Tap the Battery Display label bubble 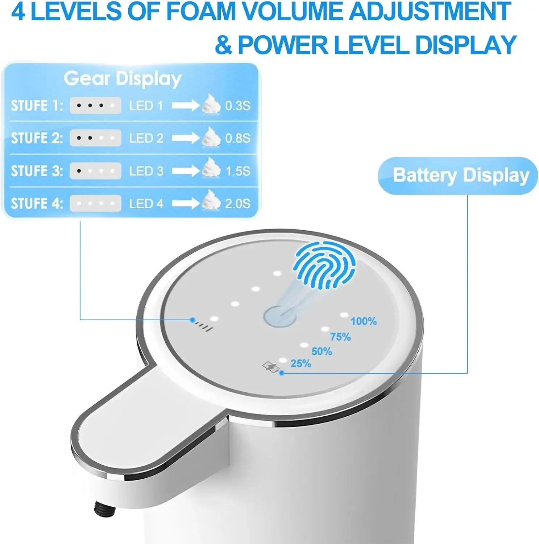pos(458,176)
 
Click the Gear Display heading pos(123,79)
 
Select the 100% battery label pos(364,321)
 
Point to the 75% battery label pos(340,337)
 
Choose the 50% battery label pos(322,351)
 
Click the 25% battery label pos(301,363)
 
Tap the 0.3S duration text pos(238,106)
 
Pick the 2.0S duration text pos(238,203)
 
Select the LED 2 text pos(146,138)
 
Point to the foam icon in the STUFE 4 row pos(211,200)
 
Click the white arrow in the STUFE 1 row pos(185,106)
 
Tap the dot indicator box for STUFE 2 pos(95,138)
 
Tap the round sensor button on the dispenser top pos(279,316)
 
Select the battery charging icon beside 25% pos(270,367)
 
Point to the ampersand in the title pos(224,45)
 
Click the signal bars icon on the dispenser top pos(204,326)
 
